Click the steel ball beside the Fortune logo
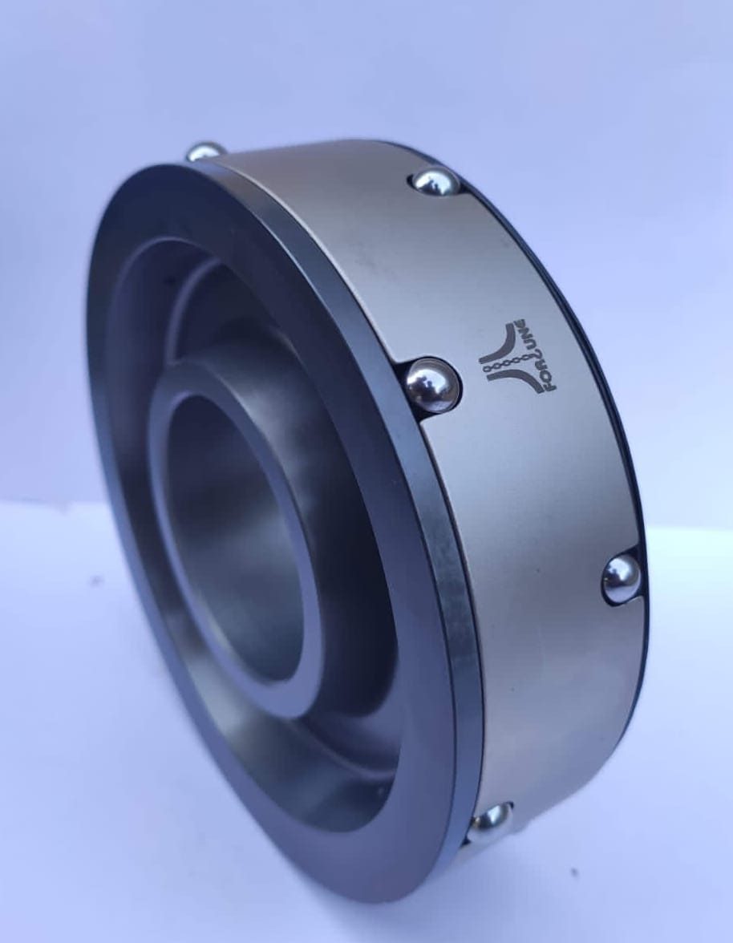431,385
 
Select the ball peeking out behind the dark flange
206,151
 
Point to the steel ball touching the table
491,820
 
